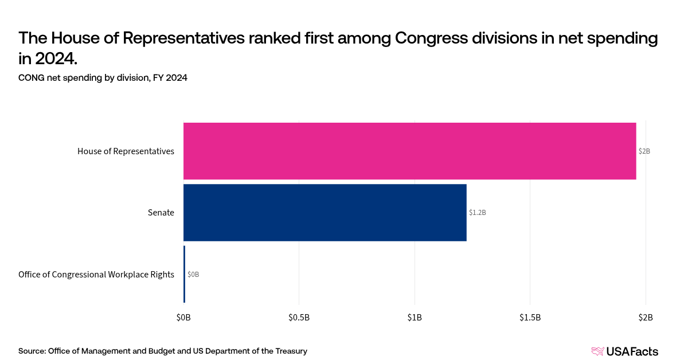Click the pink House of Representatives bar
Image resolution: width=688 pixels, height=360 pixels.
[409, 151]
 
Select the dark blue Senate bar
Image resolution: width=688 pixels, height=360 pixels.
[325, 212]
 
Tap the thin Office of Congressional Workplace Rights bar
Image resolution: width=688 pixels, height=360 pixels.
[184, 274]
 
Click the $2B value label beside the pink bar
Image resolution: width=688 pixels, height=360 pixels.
[644, 151]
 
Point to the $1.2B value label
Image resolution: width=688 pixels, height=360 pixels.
[477, 213]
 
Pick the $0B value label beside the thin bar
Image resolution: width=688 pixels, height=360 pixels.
[193, 275]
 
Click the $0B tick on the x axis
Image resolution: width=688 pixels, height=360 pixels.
[183, 317]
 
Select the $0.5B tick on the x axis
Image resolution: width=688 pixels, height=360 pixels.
[299, 317]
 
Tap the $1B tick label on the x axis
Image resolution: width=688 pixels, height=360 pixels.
[415, 317]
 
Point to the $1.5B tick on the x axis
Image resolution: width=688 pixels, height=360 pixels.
[530, 317]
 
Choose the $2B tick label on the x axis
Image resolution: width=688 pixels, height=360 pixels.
[646, 317]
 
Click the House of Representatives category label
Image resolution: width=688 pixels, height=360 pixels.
[126, 151]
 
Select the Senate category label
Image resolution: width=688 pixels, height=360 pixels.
[161, 213]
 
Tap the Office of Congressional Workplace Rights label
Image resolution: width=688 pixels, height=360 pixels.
[96, 275]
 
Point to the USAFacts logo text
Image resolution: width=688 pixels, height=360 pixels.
[632, 351]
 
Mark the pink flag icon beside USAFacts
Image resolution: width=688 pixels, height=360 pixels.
[597, 351]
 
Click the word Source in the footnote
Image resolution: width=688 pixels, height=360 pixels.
[32, 351]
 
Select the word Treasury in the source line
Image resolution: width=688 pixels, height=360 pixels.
[290, 351]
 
